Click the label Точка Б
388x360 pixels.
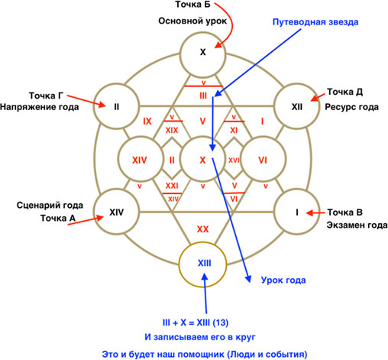(192, 5)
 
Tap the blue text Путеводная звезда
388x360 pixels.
(315, 22)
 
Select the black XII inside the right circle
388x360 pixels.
(297, 107)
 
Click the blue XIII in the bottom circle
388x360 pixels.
(204, 263)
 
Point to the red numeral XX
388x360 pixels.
(202, 229)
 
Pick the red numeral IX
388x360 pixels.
(147, 122)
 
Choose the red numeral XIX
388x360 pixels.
(172, 131)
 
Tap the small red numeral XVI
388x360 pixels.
(234, 160)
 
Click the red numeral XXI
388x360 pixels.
(172, 186)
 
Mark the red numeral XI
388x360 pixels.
(234, 131)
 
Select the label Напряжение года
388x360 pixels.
(39, 107)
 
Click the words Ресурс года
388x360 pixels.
(351, 107)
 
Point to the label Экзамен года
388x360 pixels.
(357, 225)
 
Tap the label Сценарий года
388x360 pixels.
(50, 206)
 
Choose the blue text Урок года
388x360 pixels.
(283, 281)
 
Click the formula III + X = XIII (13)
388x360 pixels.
(196, 323)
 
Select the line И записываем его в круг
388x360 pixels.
(200, 337)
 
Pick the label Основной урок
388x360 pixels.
(192, 21)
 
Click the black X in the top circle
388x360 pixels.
(202, 52)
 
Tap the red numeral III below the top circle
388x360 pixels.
(203, 96)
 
